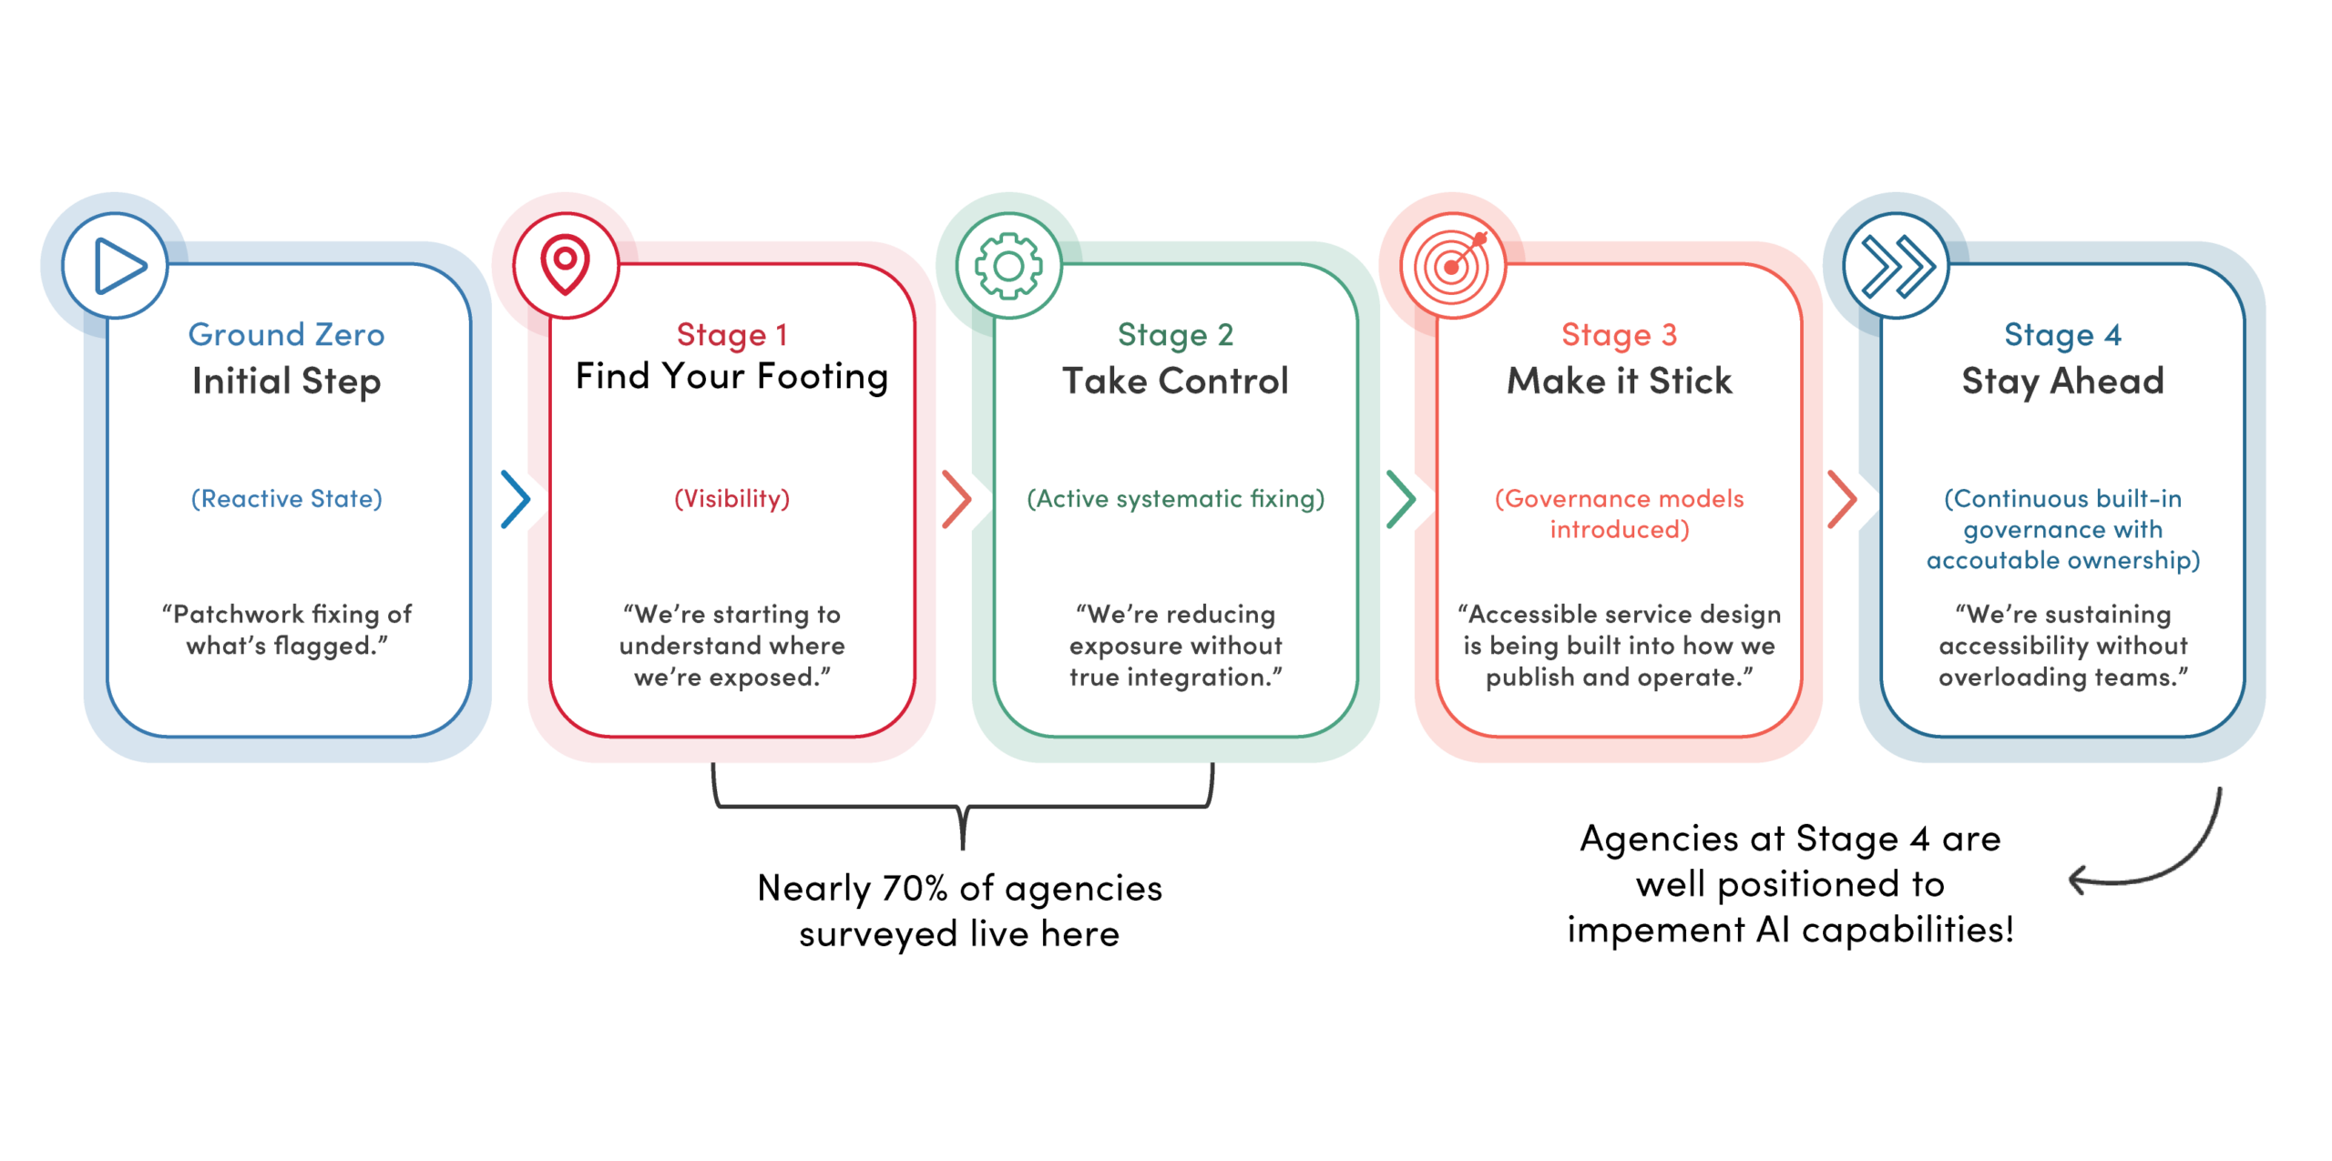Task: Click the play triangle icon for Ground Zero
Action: click(118, 266)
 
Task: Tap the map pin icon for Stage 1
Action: click(565, 265)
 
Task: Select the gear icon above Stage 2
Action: click(1008, 266)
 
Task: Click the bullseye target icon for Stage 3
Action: click(1452, 265)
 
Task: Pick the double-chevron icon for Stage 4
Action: click(1897, 267)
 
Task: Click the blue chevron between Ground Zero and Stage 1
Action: click(516, 499)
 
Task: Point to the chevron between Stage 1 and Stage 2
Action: click(956, 499)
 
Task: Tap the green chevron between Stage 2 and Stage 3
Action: click(1401, 499)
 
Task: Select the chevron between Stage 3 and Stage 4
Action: click(1842, 499)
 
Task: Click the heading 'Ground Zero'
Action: click(286, 334)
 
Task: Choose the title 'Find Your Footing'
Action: click(731, 377)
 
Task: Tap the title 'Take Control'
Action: click(1175, 381)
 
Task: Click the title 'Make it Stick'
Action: click(1619, 381)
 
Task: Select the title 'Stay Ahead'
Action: click(2062, 382)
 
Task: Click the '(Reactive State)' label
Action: click(286, 499)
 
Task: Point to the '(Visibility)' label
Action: click(731, 499)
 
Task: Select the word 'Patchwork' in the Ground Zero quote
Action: click(239, 614)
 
